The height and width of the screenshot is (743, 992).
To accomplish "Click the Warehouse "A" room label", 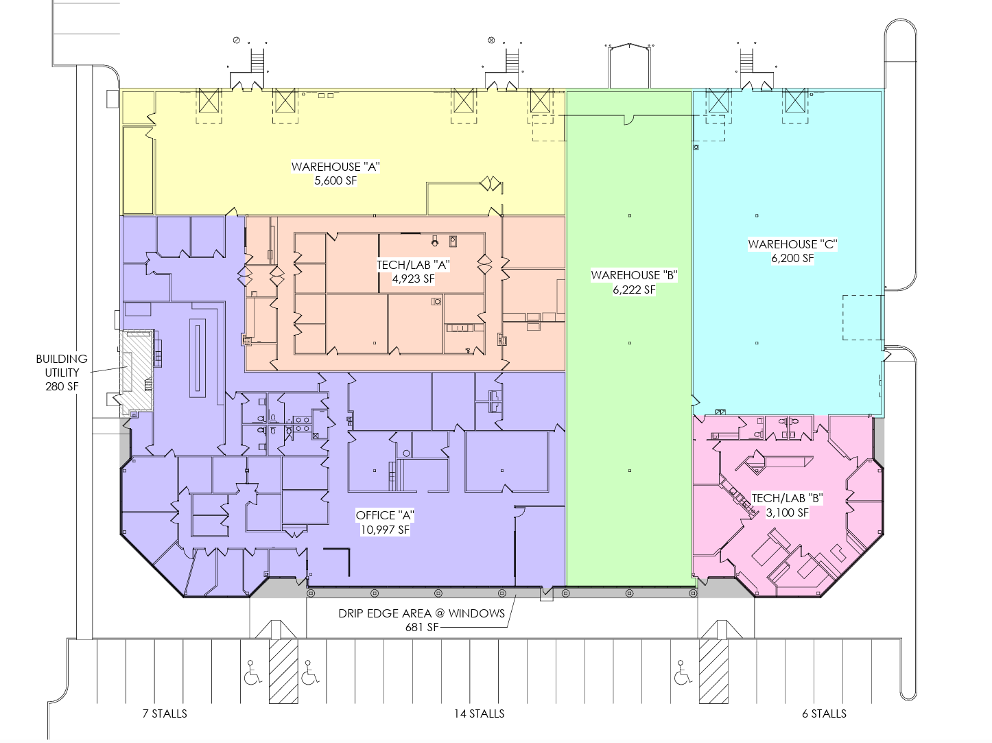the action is pos(335,167).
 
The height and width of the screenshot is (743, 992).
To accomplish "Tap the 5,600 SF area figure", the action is pos(335,181).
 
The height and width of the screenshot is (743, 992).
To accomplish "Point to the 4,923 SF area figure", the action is pos(413,279).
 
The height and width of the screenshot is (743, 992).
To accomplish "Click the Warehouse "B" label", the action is pos(634,275).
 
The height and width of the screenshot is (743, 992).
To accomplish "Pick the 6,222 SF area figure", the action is pos(634,290).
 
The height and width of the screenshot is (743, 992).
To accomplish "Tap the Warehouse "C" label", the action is pos(792,244).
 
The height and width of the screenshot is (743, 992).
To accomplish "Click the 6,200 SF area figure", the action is pos(792,258).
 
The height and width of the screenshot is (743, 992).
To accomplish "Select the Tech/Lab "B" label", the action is pos(787,498).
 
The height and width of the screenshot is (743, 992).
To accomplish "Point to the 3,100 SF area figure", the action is pos(787,512).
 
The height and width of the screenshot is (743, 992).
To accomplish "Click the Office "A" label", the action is pos(385,515).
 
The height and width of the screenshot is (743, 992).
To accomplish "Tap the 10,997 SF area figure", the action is pos(385,530).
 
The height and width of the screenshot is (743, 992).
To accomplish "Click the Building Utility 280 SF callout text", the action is pos(62,373).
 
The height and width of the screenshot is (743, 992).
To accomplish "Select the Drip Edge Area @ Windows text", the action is pos(421,613).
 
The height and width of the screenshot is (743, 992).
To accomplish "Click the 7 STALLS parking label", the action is pos(165,713).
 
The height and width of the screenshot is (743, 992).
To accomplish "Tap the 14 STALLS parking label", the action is pos(479,713).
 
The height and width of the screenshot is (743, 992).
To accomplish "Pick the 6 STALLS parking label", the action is pos(825,713).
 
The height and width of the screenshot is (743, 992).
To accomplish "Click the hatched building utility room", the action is pos(137,370).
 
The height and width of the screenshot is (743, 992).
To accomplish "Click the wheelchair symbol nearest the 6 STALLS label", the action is pos(683,672).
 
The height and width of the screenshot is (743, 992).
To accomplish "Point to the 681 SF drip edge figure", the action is pos(422,627).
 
